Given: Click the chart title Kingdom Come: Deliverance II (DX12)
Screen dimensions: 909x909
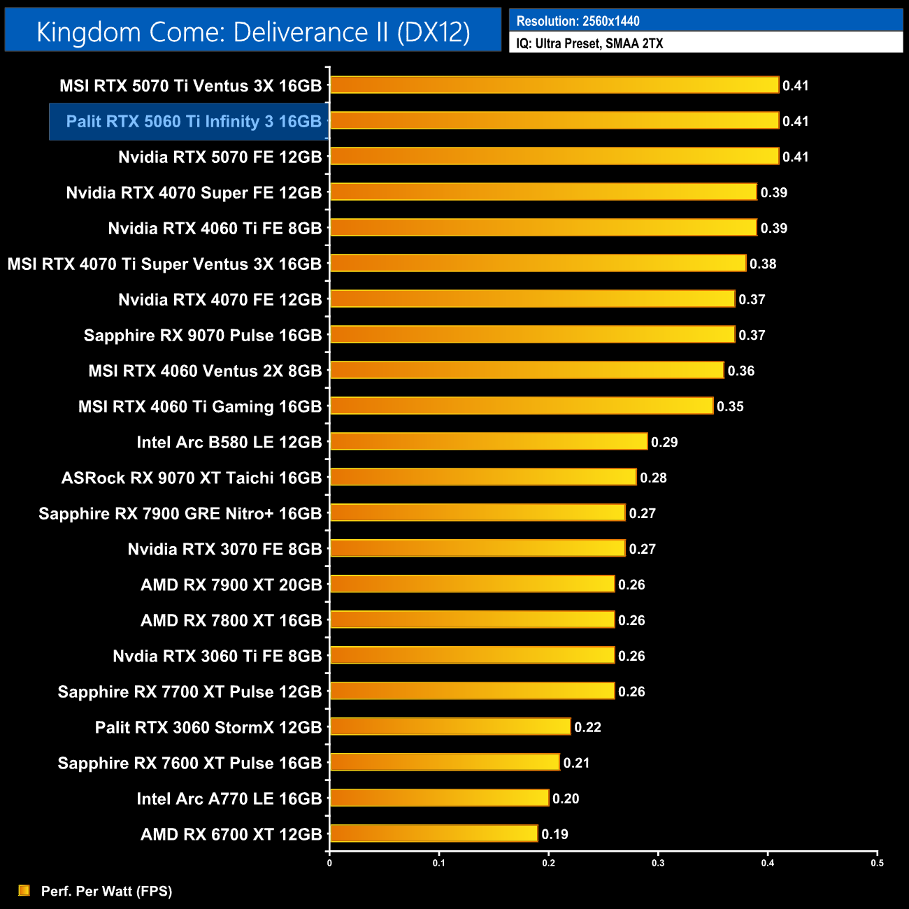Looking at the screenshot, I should coord(253,32).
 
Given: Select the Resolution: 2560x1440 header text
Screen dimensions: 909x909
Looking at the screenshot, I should coord(578,21).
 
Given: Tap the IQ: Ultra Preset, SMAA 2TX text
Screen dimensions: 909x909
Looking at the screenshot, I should coord(589,43).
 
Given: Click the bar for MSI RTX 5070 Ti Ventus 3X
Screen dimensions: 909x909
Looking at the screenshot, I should coord(554,85).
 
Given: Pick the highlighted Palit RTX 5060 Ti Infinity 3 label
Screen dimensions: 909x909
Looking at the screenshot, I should coord(193,122).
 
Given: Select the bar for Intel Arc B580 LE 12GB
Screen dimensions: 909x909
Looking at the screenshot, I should coord(488,442).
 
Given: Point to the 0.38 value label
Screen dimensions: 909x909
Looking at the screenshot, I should coord(763,264).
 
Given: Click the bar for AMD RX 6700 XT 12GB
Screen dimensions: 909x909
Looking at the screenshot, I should coord(434,833).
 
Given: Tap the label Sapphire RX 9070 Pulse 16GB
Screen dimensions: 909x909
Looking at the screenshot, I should coord(202,336).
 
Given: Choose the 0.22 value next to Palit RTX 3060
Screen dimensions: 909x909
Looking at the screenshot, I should coord(587,727).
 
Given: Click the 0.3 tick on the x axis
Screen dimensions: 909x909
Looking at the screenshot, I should coord(658,863).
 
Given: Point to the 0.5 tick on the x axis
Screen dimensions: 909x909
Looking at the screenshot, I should coord(877,863).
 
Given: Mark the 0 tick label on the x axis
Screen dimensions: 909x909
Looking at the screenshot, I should coord(329,863).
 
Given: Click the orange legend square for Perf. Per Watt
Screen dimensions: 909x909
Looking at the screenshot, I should coord(24,890).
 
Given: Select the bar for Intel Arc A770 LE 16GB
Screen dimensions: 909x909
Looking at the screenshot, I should coord(439,798).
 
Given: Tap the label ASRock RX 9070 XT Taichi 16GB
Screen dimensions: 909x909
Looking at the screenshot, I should coord(191,478).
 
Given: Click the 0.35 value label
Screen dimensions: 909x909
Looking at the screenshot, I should coord(730,406).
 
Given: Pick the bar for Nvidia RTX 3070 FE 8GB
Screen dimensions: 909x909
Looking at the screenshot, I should coord(477,548).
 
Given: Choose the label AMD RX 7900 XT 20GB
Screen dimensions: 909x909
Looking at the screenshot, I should coord(231,585).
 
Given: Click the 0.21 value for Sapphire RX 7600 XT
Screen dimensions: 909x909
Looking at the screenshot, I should coord(576,763).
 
